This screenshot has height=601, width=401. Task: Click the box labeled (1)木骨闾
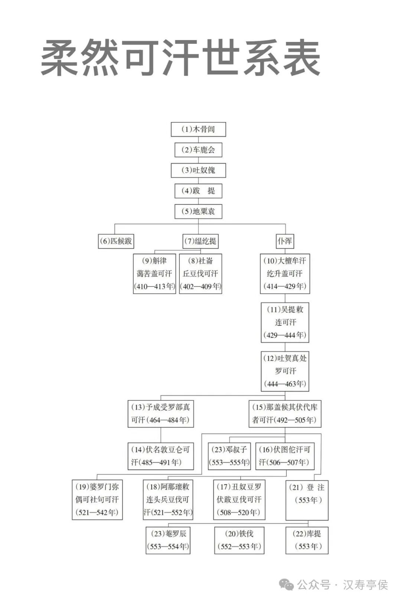point(198,129)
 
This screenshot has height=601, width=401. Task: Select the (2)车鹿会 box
point(198,150)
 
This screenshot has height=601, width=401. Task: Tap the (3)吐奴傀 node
point(198,170)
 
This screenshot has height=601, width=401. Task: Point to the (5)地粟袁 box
point(198,211)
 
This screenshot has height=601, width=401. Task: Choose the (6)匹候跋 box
point(115,241)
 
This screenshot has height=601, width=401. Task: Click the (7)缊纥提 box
point(200,241)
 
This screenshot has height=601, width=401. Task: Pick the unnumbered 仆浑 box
point(285,241)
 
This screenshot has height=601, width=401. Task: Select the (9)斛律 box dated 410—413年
point(154,274)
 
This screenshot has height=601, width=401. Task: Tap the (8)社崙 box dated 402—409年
point(200,274)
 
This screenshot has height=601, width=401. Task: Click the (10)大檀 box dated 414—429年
point(285,274)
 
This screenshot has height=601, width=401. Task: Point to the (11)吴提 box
point(285,322)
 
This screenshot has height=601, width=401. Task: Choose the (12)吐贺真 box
point(285,371)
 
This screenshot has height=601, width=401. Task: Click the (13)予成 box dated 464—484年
point(160,414)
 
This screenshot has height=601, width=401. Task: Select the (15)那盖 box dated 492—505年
point(285,414)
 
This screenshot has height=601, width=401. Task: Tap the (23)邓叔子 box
point(229,456)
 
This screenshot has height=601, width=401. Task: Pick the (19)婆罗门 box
point(97,499)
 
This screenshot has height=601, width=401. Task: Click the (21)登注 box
point(307,499)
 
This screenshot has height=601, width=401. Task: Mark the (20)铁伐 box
point(239,540)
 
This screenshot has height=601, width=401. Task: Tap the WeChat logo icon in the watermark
point(286,585)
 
